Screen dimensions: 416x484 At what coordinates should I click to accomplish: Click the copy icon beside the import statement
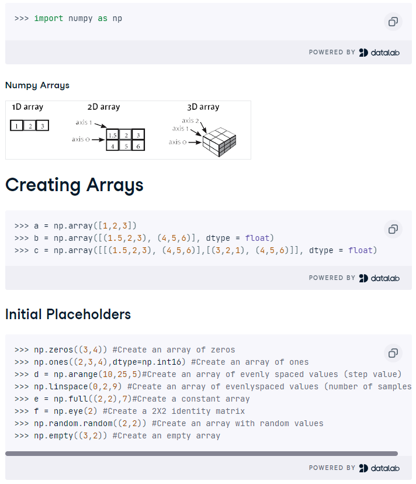pos(393,22)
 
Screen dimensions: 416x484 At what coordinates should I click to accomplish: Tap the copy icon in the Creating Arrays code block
pos(393,229)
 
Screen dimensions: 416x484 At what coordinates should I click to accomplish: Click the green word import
pos(48,19)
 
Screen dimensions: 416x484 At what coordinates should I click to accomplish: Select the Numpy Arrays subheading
pos(37,85)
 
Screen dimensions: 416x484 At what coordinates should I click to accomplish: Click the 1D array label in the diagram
pos(27,107)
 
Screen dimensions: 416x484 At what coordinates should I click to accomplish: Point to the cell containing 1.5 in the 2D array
pos(113,135)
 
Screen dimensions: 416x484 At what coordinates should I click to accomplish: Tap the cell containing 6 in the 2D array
pos(138,146)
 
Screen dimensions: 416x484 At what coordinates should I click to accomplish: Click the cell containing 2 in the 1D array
pos(30,126)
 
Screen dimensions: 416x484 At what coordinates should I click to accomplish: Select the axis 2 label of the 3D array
pos(190,120)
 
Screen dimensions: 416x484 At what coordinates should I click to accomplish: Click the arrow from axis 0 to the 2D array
pos(98,140)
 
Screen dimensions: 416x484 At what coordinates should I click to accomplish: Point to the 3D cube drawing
pos(219,141)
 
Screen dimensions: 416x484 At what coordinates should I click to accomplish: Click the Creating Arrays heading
pos(74,185)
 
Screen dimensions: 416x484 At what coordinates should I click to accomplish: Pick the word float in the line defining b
pos(258,238)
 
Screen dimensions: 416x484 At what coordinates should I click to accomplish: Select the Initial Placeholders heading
pos(68,314)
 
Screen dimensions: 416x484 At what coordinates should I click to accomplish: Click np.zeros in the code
pos(53,350)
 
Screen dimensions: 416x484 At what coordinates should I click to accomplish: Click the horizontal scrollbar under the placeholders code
pos(202,454)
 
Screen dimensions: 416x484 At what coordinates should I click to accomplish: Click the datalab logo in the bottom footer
pos(379,468)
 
